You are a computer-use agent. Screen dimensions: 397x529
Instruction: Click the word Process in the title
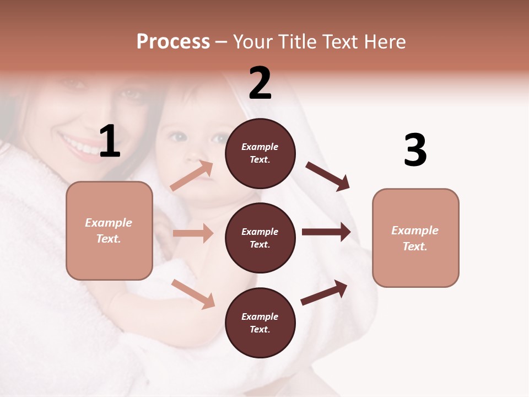click(x=173, y=42)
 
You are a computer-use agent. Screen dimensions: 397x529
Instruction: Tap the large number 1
click(x=110, y=142)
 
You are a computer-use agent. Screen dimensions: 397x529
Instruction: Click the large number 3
click(x=415, y=150)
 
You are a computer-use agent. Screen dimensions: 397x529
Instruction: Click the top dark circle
click(x=260, y=153)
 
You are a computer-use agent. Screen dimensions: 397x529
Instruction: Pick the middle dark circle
click(x=260, y=238)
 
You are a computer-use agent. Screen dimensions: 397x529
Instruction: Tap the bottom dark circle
click(x=260, y=323)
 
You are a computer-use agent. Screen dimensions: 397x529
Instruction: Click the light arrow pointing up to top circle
click(x=192, y=176)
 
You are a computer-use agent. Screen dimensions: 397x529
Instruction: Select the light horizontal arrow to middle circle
click(x=193, y=233)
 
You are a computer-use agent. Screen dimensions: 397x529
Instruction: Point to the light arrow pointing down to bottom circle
click(x=193, y=294)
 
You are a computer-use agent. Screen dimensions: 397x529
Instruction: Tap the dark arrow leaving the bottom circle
click(x=324, y=292)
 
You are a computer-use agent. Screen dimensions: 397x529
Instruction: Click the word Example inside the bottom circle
click(x=260, y=316)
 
